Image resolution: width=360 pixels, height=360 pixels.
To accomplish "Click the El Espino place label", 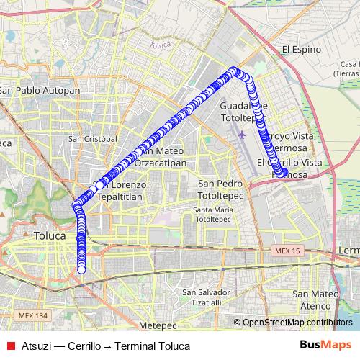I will click(x=300, y=50).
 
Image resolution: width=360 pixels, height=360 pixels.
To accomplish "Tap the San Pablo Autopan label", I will click(x=40, y=90).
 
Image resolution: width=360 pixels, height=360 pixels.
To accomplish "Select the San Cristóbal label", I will click(x=92, y=138).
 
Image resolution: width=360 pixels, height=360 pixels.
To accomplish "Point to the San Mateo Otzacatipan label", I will click(x=161, y=157).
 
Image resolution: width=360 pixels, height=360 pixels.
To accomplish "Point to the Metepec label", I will click(x=158, y=326).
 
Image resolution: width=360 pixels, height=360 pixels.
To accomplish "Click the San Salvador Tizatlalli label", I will click(x=207, y=297).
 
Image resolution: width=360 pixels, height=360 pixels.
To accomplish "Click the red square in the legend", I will click(x=10, y=346).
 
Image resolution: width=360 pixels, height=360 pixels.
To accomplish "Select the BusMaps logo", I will click(x=325, y=346).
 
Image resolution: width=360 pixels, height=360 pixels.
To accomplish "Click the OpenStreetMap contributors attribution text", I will click(x=297, y=323).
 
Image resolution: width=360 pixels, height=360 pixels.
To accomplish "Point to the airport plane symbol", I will click(x=241, y=133).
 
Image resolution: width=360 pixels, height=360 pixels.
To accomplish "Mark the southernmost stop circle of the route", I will click(x=81, y=270).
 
